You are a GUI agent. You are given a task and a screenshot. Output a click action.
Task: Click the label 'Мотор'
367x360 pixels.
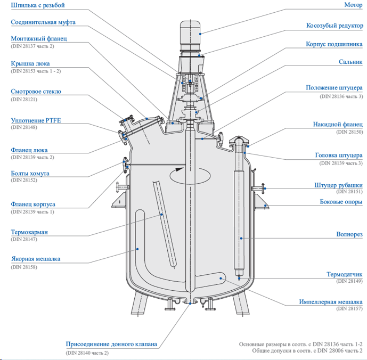(353, 5)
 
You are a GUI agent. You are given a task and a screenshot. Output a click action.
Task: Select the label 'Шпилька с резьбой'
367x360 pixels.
(37, 5)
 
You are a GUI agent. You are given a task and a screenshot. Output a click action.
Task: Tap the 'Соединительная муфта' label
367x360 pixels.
(43, 22)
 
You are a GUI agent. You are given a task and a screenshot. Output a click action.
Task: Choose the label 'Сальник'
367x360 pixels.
(350, 62)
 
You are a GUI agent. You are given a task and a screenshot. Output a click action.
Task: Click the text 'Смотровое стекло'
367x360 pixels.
(36, 91)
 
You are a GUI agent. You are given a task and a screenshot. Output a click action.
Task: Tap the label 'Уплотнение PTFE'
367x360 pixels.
(36, 120)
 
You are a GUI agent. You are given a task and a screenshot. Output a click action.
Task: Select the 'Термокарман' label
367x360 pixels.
(29, 232)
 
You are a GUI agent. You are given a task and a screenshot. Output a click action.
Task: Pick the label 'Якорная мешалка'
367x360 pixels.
(36, 259)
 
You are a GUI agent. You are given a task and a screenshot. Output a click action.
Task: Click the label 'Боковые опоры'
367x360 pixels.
(341, 202)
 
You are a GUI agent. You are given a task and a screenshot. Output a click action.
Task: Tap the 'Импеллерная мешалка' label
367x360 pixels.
(331, 301)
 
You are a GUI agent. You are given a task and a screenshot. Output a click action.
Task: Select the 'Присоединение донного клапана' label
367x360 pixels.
(112, 344)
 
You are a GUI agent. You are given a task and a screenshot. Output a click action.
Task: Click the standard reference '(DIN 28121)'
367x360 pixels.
(25, 99)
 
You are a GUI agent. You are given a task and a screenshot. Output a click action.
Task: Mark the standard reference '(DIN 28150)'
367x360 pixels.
(349, 132)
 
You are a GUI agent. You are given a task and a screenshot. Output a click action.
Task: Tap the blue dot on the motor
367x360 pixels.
(200, 34)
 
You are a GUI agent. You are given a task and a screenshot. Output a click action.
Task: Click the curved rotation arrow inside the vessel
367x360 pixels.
(190, 174)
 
